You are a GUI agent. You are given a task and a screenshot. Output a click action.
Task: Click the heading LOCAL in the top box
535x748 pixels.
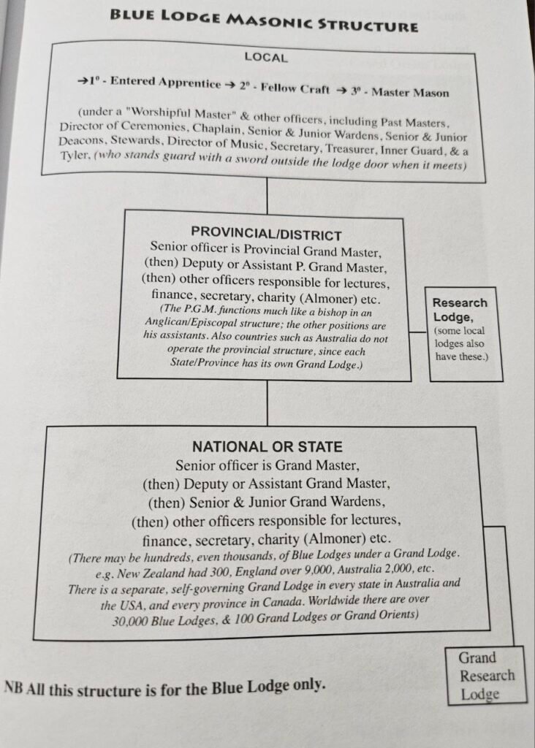266,57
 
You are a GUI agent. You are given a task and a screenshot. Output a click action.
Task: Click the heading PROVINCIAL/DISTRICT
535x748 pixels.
266,234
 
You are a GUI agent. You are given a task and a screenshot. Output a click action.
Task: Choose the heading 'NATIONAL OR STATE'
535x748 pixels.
267,446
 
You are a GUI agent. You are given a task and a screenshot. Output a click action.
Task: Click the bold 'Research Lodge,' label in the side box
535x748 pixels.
460,310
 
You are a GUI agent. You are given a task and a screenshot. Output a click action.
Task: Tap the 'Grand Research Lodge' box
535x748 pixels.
487,675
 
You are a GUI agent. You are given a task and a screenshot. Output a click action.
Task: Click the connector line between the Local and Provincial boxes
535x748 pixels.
267,194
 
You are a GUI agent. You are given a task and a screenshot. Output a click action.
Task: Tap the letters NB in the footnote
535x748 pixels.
13,687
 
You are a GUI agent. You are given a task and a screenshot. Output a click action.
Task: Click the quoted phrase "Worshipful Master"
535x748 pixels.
183,115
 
